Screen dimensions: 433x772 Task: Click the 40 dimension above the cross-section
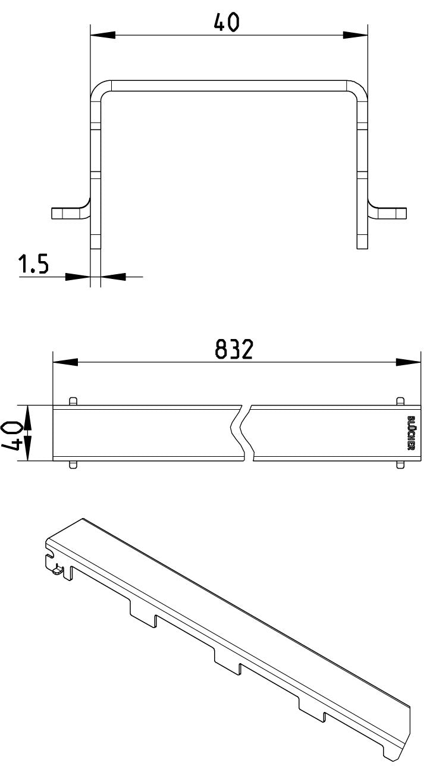[226, 23]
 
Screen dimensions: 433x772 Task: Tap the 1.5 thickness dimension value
[33, 264]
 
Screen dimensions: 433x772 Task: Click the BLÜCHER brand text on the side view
[411, 432]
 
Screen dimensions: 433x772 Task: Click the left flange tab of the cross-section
[71, 213]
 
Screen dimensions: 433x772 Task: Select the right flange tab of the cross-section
[387, 213]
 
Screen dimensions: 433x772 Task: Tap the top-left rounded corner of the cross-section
[100, 89]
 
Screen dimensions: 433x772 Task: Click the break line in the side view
[242, 433]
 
